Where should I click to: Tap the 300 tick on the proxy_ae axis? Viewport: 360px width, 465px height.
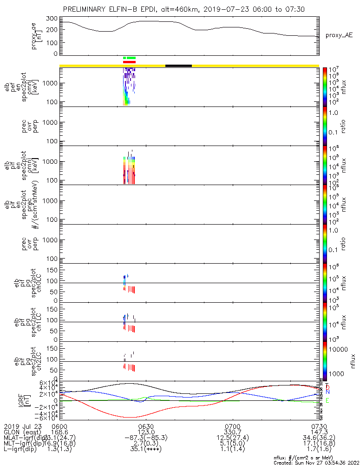click(x=52, y=19)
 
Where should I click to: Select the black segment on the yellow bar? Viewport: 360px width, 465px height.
click(x=178, y=66)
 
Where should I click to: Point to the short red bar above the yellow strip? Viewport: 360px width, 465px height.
click(x=129, y=61)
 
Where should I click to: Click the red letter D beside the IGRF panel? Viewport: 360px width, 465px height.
click(x=327, y=387)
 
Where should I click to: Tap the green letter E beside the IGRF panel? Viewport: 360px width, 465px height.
click(x=327, y=400)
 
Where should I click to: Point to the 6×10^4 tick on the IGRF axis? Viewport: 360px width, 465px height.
click(x=47, y=382)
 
